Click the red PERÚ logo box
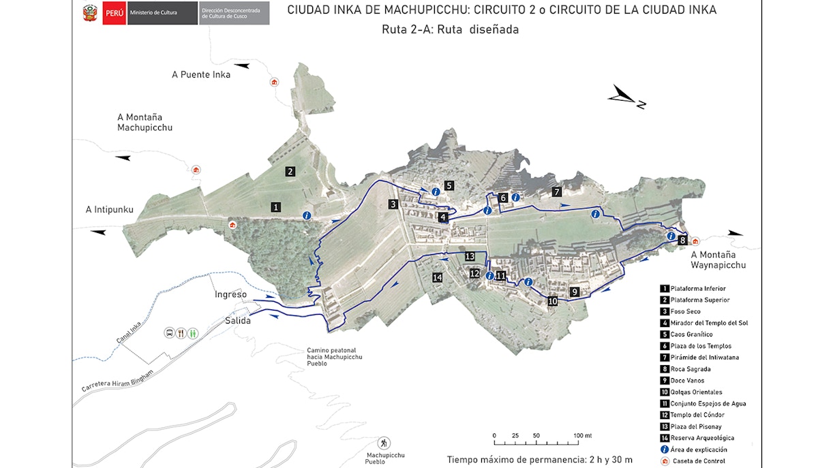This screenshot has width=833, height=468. coord(113,14)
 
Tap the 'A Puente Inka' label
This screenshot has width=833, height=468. coord(201,75)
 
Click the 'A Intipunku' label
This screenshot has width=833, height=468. coord(109,209)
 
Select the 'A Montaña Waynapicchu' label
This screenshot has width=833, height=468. coord(718,260)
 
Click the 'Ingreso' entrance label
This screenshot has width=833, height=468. coord(230,294)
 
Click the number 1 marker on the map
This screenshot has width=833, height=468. coord(276,206)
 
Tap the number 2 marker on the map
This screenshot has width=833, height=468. coord(290,172)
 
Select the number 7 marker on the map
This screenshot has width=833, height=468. coord(557,192)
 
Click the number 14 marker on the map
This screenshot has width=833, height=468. coord(438,277)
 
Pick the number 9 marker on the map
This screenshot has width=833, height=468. coord(575,292)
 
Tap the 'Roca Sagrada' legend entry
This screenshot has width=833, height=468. coord(691,369)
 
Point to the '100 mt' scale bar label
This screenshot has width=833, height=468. coord(583,435)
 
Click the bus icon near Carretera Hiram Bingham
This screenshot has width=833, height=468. coord(168,333)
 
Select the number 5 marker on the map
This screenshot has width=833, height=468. coord(449,185)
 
